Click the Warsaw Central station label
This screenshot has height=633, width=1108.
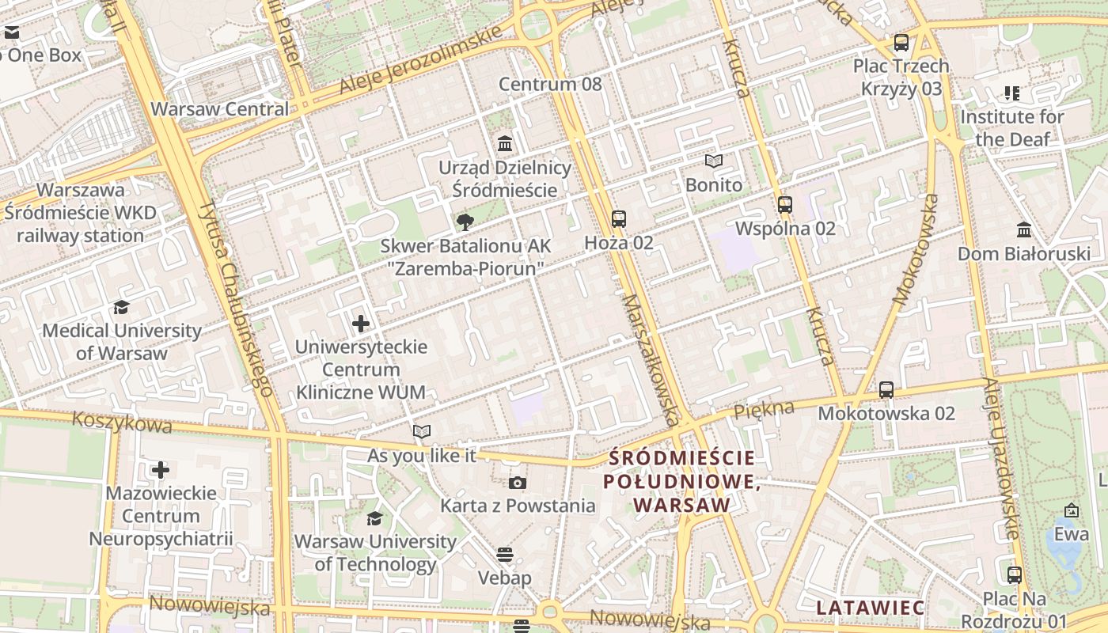pos(219,109)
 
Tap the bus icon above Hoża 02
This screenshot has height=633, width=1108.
pos(619,219)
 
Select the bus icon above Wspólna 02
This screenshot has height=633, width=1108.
pos(785,205)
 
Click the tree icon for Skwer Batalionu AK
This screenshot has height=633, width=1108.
pos(465,222)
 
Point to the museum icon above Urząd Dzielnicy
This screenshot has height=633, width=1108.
pos(505,144)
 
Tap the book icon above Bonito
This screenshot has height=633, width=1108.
pos(714,161)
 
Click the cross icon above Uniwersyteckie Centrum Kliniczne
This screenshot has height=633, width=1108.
pos(361,324)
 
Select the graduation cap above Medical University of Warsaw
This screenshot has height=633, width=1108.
pos(121,307)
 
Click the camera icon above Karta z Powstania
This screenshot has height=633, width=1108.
pos(517,483)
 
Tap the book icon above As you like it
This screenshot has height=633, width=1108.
pos(422,432)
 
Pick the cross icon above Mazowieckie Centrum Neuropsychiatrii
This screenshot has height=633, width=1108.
pos(161,470)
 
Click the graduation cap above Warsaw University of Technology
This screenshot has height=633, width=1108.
pos(374,518)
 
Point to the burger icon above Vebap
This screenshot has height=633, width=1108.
pos(505,555)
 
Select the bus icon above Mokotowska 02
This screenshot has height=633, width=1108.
pos(886,390)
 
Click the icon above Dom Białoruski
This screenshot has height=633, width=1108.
pos(1024,230)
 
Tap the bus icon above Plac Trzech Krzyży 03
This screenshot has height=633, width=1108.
pos(901,43)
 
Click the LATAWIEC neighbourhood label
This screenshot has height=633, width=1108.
pos(870,608)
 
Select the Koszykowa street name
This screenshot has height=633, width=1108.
pos(122,422)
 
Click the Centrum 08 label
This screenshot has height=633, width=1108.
pos(550,84)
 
